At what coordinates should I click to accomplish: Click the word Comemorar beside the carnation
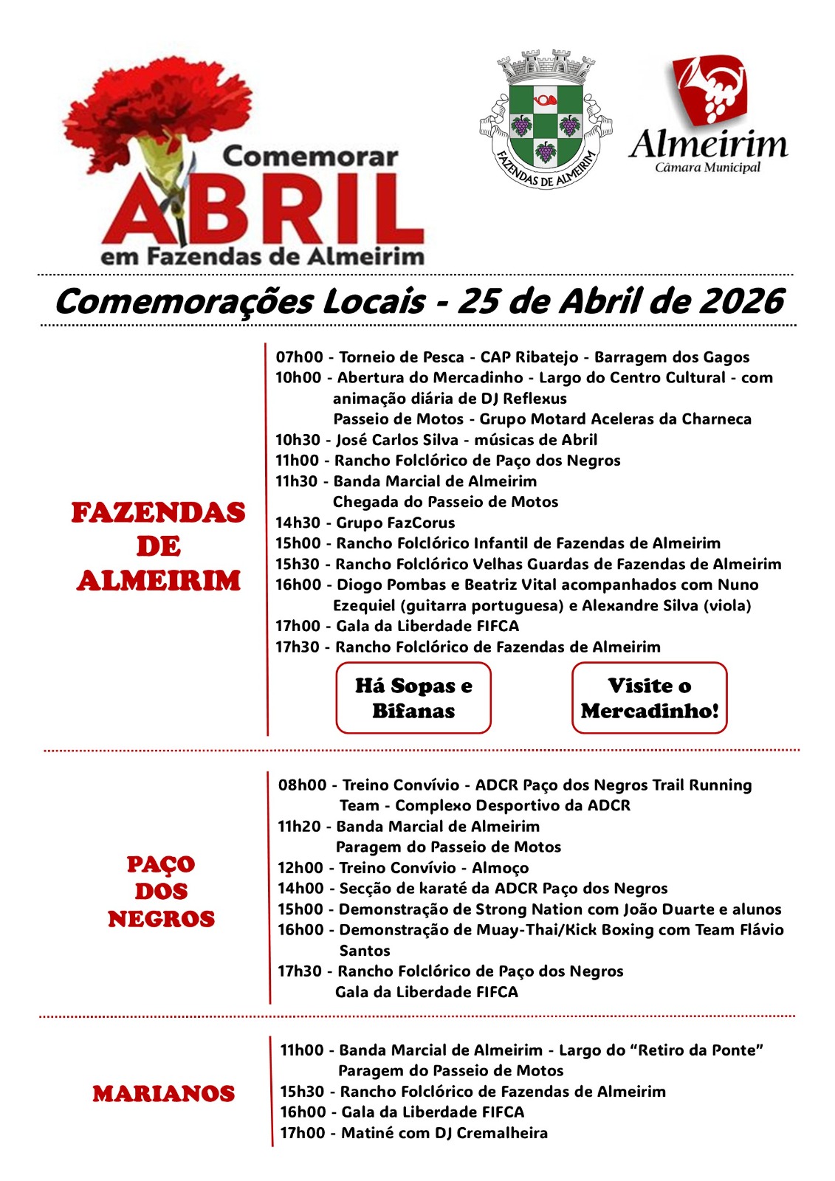tap(310, 156)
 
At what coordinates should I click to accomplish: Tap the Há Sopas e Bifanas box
tap(413, 698)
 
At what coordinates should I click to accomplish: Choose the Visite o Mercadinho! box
tap(650, 698)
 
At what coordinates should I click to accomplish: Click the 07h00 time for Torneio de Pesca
tap(299, 357)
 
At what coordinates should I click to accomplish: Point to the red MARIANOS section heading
tap(163, 1093)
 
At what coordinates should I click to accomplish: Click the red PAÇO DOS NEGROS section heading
tap(161, 891)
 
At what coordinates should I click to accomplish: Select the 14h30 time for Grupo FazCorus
tap(299, 523)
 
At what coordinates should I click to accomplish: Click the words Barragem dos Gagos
tap(672, 357)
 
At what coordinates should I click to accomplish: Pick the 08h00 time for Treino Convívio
tap(302, 785)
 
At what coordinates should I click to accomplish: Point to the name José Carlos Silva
tap(397, 440)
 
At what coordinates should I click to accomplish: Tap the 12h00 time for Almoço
tap(301, 867)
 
